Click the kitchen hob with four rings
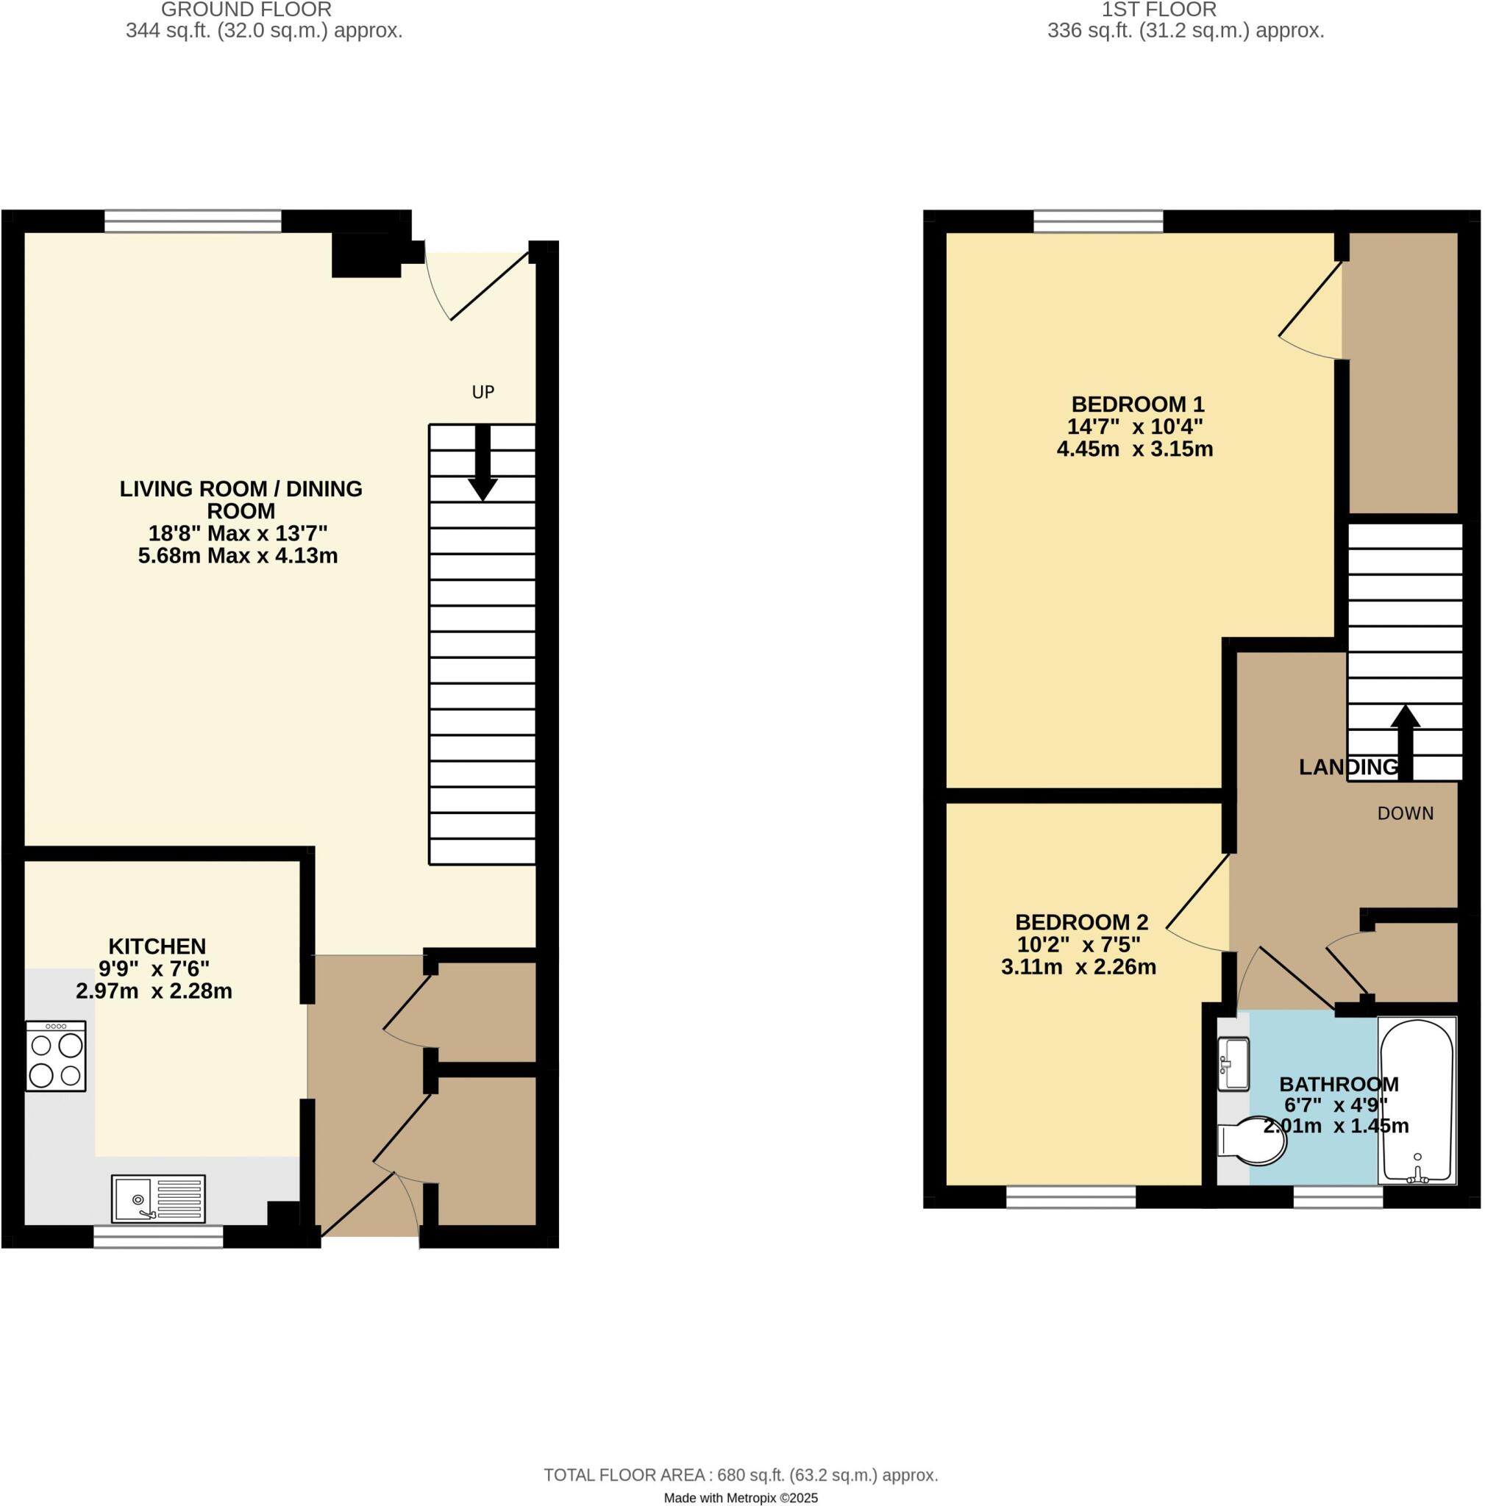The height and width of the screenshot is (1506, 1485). tap(55, 1056)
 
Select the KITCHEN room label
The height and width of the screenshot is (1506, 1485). tap(157, 946)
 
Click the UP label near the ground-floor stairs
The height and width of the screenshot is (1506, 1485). tap(482, 392)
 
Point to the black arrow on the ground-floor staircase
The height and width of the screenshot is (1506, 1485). tap(482, 465)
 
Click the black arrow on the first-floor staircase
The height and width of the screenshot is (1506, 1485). tap(1405, 740)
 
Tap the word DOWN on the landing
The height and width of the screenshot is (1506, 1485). tap(1405, 814)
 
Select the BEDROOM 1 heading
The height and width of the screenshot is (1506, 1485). tap(1137, 404)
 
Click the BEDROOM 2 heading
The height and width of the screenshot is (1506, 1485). tap(1081, 922)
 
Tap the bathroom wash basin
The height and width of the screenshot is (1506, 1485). tap(1233, 1063)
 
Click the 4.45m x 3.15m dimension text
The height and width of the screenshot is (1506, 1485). tap(1134, 450)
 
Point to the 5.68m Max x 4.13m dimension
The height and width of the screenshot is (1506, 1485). tap(238, 557)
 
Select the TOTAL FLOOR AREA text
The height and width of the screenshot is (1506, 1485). tap(740, 1475)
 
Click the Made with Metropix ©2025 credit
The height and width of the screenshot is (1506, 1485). tap(740, 1497)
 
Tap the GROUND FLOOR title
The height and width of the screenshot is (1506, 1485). tap(246, 10)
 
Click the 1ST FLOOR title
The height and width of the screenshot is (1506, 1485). tap(1158, 10)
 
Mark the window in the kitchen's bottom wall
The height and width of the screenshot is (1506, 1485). tap(158, 1236)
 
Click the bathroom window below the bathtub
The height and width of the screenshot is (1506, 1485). tap(1338, 1196)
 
